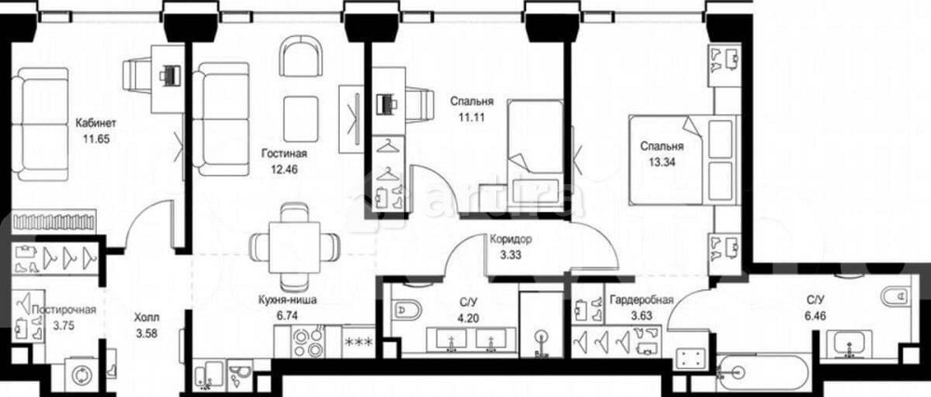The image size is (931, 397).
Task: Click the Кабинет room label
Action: [95, 120]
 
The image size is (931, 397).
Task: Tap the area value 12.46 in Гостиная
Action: [284, 170]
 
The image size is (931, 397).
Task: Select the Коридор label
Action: [510, 237]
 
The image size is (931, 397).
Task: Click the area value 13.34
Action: [661, 163]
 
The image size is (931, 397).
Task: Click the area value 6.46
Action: [816, 316]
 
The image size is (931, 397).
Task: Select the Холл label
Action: [146, 315]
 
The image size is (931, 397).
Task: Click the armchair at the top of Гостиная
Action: [301, 57]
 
